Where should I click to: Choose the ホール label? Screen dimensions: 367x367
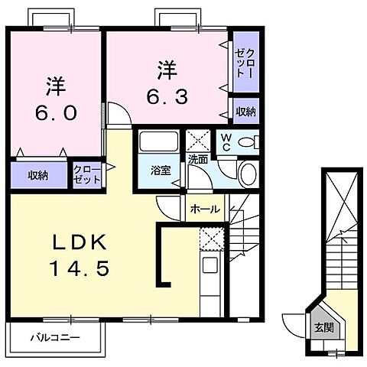(204, 209)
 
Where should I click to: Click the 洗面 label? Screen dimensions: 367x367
(198, 159)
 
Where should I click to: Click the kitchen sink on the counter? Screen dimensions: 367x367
(208, 267)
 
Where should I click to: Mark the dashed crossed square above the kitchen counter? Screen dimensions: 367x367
(209, 238)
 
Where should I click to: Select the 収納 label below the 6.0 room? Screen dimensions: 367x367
(38, 175)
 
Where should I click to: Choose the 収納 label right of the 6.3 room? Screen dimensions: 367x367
(245, 112)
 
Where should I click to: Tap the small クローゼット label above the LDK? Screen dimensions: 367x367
(86, 174)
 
